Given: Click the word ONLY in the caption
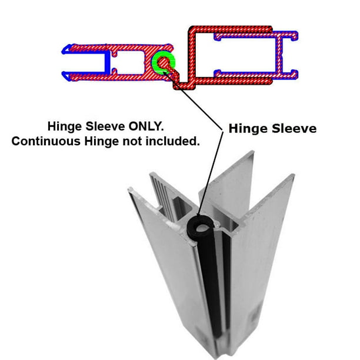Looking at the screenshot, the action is (x=146, y=126).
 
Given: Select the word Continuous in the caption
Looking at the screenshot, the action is (x=46, y=141).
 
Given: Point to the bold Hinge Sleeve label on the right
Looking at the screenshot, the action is (x=272, y=128).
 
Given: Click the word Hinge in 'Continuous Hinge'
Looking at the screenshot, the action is (x=102, y=141).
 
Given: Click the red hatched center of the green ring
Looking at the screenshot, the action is (x=163, y=62).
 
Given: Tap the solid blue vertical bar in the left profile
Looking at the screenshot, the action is (x=107, y=62).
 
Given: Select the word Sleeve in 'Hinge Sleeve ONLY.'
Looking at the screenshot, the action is (x=105, y=126).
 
